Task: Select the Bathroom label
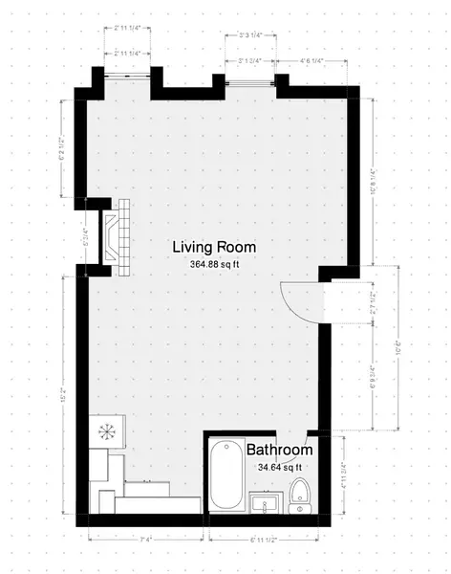[279, 450]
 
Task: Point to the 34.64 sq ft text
[279, 468]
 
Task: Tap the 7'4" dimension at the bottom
[146, 541]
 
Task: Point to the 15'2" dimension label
[64, 394]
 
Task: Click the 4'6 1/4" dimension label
[311, 61]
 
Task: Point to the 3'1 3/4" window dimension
[250, 61]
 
